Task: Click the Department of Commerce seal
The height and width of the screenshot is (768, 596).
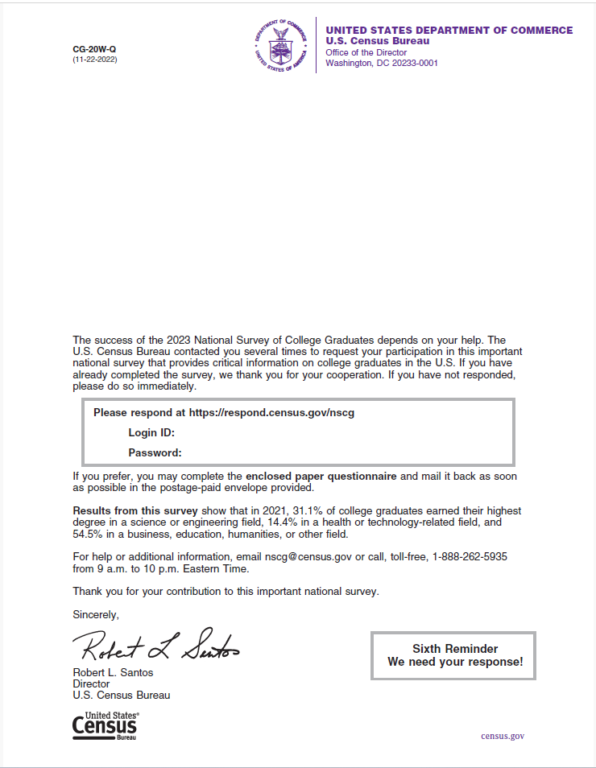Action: point(281,44)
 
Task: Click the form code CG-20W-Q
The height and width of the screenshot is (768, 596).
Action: point(89,49)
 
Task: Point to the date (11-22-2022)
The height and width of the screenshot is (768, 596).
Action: point(95,60)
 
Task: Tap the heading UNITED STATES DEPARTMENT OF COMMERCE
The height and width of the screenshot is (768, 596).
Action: point(449,31)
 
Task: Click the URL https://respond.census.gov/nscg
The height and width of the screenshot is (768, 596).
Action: point(271,413)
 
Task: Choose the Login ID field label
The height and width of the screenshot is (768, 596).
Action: point(151,433)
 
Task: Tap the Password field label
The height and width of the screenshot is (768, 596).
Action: point(155,452)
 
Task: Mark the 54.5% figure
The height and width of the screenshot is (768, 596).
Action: point(89,535)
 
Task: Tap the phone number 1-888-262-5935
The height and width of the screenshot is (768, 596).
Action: point(470,556)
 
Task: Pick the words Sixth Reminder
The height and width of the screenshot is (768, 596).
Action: point(455,649)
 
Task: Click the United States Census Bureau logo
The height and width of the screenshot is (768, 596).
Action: point(106,726)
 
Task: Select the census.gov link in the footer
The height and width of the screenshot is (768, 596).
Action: point(503,736)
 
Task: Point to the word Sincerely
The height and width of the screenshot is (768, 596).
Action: point(95,615)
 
